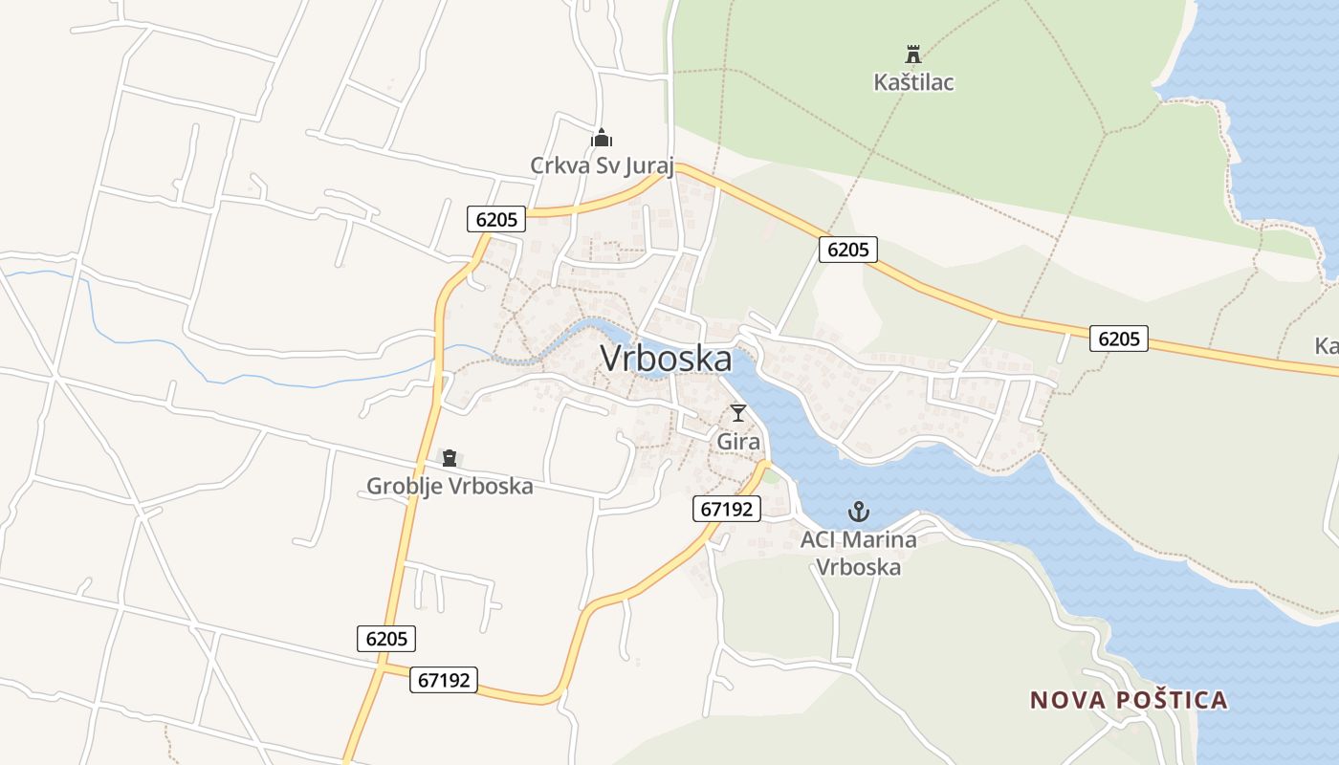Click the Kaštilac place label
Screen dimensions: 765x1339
[x=913, y=82]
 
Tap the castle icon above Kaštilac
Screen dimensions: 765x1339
[x=913, y=54]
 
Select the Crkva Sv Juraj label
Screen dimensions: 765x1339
[x=603, y=166]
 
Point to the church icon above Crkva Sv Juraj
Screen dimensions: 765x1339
[x=601, y=138]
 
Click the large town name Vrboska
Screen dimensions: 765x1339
[x=666, y=359]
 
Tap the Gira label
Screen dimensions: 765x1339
[x=738, y=442]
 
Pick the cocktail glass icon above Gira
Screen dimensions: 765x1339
[x=738, y=413]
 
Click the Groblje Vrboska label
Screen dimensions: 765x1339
[x=450, y=486]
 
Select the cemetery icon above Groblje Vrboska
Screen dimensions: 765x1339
[x=450, y=458]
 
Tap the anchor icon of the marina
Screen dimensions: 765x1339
[x=859, y=512]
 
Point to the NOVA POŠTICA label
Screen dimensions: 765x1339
[x=1129, y=700]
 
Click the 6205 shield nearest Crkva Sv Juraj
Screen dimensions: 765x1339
[x=496, y=219]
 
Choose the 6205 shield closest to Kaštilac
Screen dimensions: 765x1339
[x=847, y=250]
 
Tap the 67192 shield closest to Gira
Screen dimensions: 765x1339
[x=727, y=509]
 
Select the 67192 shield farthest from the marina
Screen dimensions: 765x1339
[x=445, y=680]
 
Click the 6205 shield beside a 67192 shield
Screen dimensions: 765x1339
[x=386, y=639]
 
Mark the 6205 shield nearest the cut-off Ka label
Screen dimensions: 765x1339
[x=1118, y=339]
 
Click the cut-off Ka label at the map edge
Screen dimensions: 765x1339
[x=1327, y=346]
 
